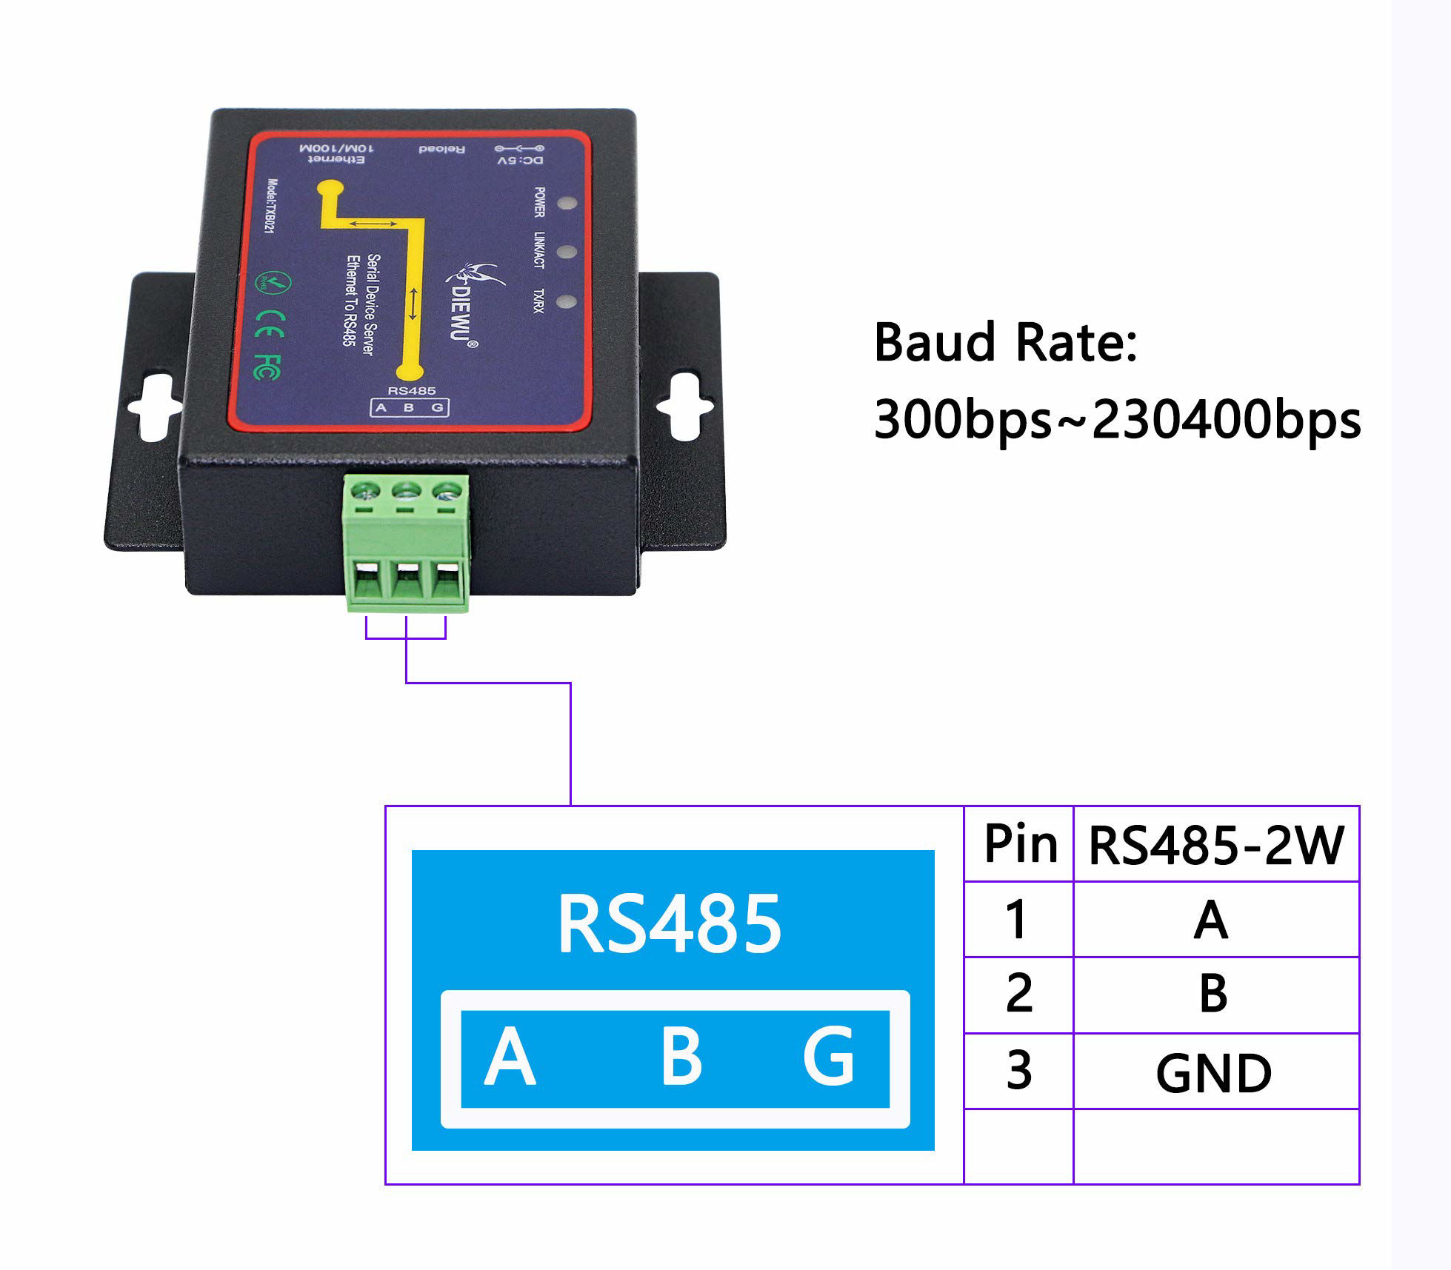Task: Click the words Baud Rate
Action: point(1004,343)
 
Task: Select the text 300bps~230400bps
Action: point(1117,420)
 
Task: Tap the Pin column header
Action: point(1020,844)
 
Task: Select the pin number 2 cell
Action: point(1019,994)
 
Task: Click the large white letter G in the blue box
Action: point(829,1057)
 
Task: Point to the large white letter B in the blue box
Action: point(681,1057)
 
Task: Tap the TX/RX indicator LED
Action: point(567,301)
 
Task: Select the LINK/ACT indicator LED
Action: point(567,252)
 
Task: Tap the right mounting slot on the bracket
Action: point(685,407)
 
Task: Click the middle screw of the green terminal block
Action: point(405,489)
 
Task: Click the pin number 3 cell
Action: point(1019,1071)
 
